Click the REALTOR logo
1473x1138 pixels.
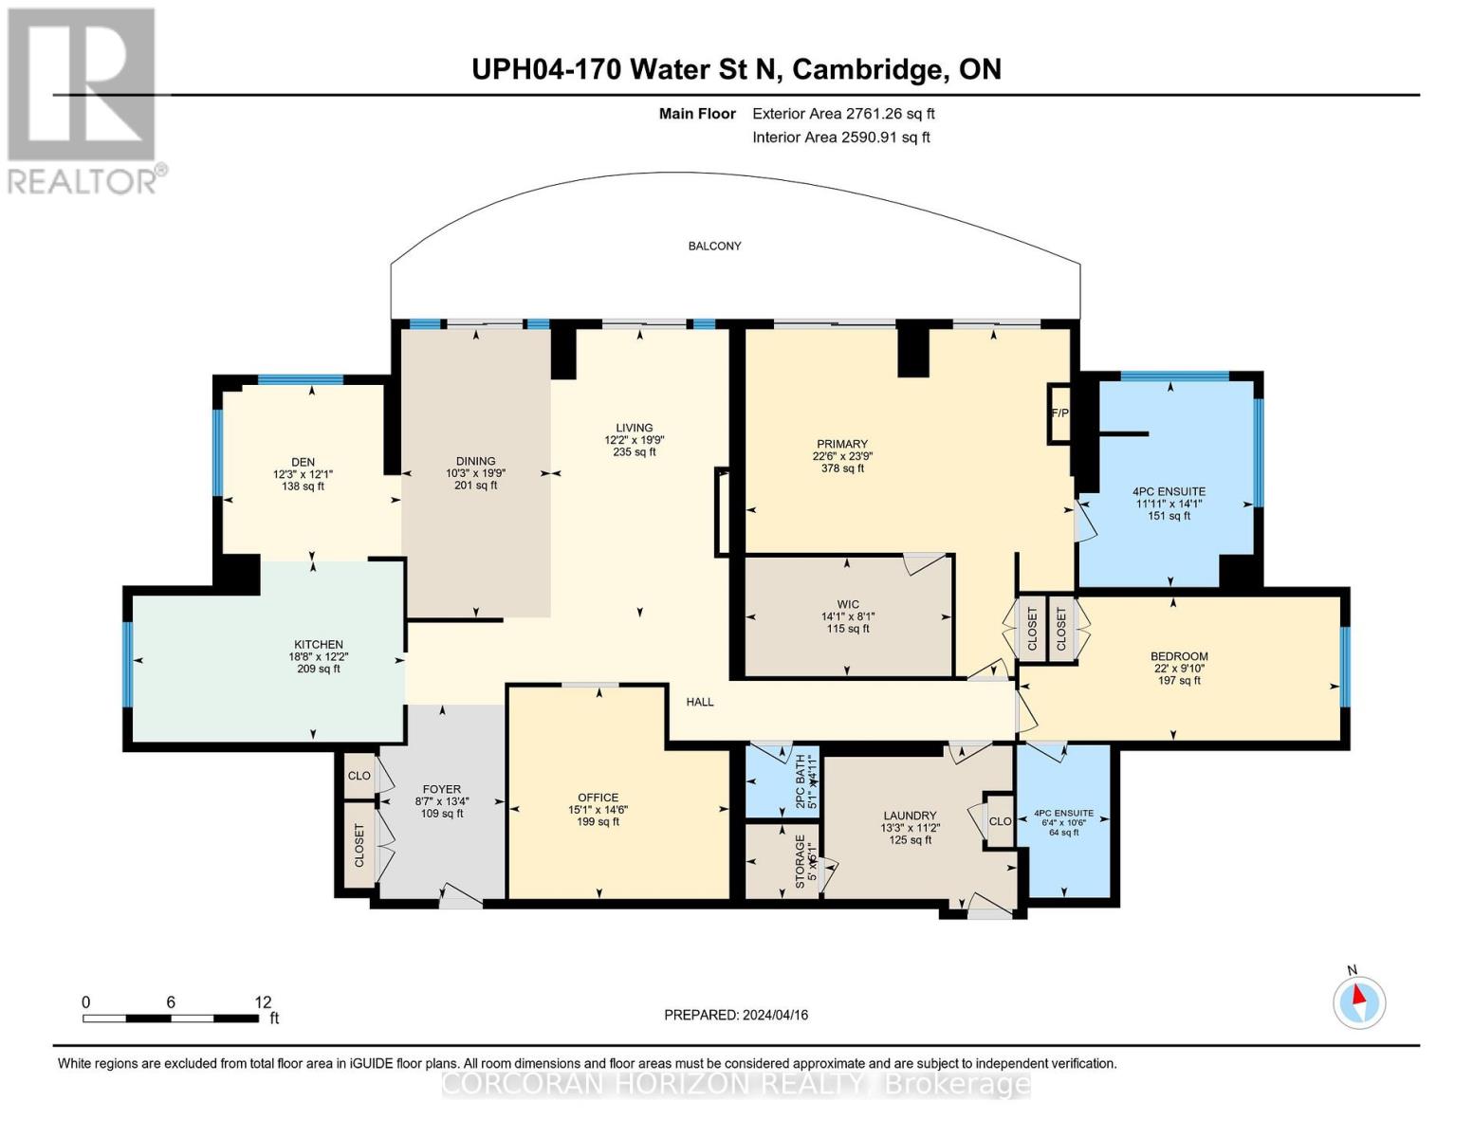(83, 100)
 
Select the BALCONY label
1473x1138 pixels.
(714, 246)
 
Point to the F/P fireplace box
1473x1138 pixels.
(1059, 413)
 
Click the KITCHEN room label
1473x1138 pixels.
(318, 645)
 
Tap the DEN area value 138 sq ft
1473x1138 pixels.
(303, 486)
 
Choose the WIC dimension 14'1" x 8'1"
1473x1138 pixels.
(847, 616)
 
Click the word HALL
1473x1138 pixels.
(700, 702)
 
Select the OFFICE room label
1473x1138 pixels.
(598, 798)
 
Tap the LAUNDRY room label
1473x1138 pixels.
(910, 816)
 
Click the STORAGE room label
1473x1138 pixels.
(800, 860)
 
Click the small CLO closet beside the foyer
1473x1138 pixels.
(359, 776)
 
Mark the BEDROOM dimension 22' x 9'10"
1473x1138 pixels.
(1179, 669)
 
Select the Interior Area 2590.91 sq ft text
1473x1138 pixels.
(840, 137)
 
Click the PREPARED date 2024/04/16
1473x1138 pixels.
(736, 1015)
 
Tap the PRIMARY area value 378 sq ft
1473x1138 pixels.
(842, 468)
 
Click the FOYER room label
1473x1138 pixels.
(441, 789)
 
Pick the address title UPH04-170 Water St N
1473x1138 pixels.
(625, 69)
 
